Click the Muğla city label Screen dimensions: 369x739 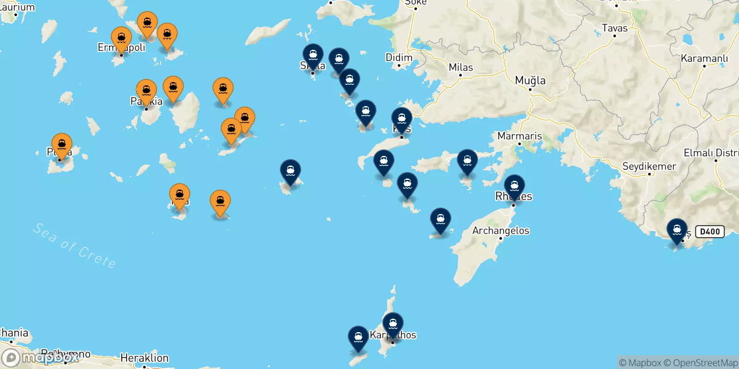530,81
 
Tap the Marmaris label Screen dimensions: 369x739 520,136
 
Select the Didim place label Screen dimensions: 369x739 399,58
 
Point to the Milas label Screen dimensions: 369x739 461,67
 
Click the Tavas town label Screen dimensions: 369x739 615,28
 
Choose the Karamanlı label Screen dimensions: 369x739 704,59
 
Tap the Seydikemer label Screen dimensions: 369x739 649,167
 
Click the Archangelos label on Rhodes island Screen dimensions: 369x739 501,231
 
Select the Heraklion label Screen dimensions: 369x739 145,358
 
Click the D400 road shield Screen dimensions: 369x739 710,232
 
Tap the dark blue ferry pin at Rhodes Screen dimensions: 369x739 514,186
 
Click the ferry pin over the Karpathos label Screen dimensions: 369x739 393,324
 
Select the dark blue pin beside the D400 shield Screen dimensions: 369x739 677,230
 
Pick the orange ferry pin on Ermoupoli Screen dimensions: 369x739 121,38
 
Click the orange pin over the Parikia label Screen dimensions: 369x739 146,90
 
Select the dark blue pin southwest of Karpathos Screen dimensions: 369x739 358,338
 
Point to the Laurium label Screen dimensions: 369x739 17,7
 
